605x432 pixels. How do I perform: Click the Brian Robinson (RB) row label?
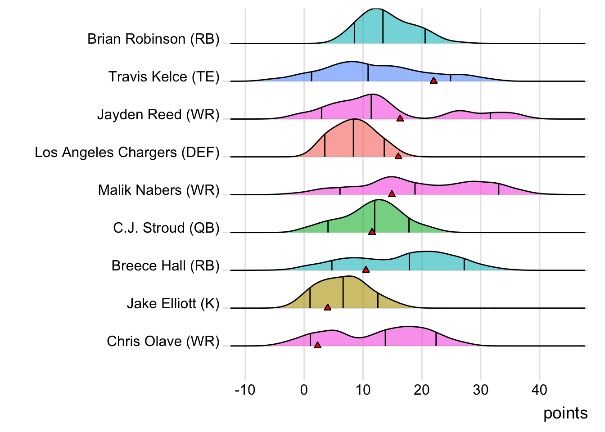[153, 39]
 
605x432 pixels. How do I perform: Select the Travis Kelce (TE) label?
[163, 77]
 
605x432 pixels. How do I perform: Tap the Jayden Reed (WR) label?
[158, 115]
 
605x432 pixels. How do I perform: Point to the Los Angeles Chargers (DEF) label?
[127, 153]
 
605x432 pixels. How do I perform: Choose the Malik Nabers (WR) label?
[158, 190]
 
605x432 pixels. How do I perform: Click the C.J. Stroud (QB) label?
[166, 228]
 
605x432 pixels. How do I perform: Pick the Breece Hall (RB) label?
[165, 266]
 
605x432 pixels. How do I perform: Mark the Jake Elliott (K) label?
[173, 304]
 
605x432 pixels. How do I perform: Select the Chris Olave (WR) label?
[163, 342]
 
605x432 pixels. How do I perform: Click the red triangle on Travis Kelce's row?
[433, 81]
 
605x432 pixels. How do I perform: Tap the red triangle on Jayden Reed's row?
[400, 118]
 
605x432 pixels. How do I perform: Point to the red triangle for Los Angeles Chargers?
[398, 156]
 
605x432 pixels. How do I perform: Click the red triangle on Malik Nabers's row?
[392, 194]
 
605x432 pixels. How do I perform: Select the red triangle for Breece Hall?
[366, 270]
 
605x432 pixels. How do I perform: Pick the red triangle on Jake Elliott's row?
[327, 307]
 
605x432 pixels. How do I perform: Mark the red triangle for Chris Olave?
[317, 345]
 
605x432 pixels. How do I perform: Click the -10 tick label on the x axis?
[245, 390]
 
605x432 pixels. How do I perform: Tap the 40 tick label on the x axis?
[539, 390]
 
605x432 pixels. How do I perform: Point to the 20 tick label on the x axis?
[422, 390]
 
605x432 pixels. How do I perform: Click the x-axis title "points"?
[565, 413]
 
